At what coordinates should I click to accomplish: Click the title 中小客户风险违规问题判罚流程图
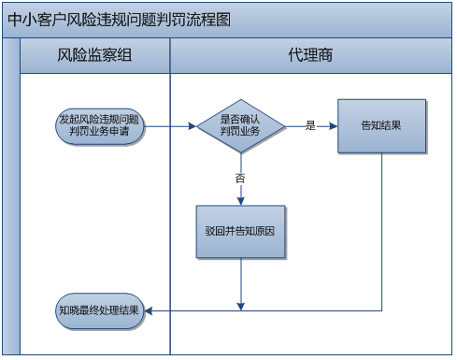pyautogui.click(x=118, y=19)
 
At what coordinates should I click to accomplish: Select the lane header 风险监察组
pyautogui.click(x=94, y=55)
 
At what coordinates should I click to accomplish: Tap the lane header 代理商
pyautogui.click(x=311, y=55)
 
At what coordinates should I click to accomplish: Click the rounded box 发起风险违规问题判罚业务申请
pyautogui.click(x=100, y=125)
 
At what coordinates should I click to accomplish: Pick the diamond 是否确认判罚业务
pyautogui.click(x=241, y=125)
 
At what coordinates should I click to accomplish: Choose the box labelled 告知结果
pyautogui.click(x=381, y=125)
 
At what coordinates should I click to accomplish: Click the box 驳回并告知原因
pyautogui.click(x=241, y=231)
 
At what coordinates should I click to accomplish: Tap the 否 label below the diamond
pyautogui.click(x=241, y=177)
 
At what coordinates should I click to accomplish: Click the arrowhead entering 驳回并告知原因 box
pyautogui.click(x=241, y=199)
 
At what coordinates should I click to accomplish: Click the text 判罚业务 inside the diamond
pyautogui.click(x=241, y=132)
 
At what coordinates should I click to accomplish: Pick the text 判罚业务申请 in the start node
pyautogui.click(x=100, y=132)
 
